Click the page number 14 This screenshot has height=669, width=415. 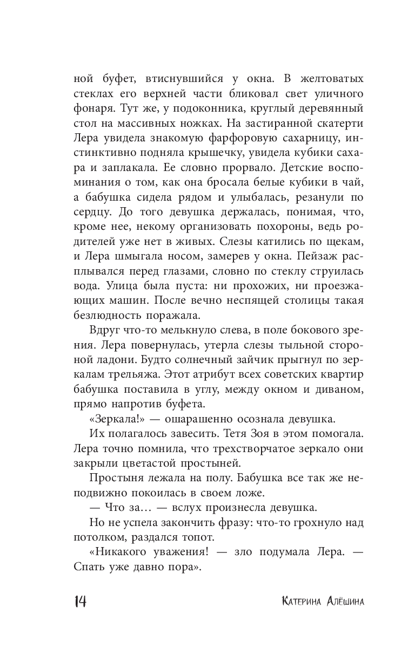[x=80, y=601]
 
